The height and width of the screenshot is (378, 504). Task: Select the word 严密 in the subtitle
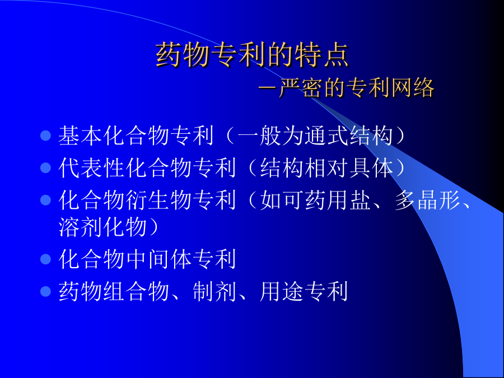(x=301, y=88)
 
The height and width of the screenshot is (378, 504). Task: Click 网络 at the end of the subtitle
(x=413, y=88)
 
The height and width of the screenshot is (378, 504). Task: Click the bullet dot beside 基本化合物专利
(x=46, y=136)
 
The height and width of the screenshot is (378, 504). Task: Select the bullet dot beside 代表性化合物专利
(x=46, y=168)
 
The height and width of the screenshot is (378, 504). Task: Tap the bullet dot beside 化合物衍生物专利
(x=46, y=200)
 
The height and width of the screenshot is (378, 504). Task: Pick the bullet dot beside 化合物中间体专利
(x=46, y=259)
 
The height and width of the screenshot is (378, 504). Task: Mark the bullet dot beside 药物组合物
(x=46, y=291)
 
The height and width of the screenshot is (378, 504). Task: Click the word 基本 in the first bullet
(x=80, y=136)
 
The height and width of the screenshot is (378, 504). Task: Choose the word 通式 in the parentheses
(x=326, y=136)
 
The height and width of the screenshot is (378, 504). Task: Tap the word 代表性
(x=92, y=168)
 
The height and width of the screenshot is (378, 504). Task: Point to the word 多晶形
(x=428, y=200)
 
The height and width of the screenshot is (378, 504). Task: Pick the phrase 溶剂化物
(x=103, y=227)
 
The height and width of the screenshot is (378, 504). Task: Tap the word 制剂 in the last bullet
(x=214, y=291)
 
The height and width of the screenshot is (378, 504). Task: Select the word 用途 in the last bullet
(x=282, y=291)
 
